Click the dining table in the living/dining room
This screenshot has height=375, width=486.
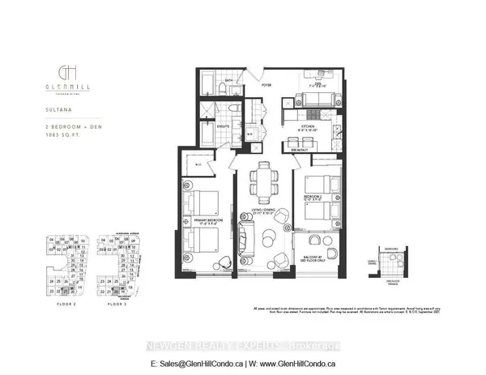[262, 181]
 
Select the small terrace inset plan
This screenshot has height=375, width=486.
[393, 261]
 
